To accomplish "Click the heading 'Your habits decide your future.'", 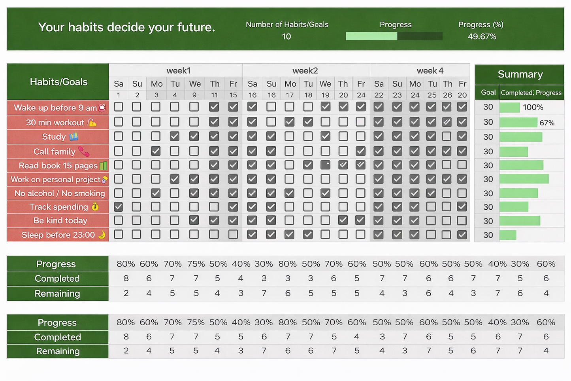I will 126,27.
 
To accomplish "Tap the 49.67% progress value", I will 482,36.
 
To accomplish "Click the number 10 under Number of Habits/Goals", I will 286,36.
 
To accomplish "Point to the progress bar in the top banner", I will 394,36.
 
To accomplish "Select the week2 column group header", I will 305,70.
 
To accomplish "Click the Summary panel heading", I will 520,74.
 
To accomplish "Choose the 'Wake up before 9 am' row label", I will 55,108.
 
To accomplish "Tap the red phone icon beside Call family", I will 83,151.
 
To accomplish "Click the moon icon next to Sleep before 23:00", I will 102,235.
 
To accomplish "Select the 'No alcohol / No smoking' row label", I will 60,193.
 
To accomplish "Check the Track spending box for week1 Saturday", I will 118,207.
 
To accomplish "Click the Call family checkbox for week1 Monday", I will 156,151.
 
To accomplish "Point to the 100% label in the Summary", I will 533,107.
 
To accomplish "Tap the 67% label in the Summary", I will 547,123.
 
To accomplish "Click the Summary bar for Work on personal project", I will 524,179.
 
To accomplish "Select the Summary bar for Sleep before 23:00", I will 508,235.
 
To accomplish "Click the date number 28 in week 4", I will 447,95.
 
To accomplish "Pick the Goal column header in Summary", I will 488,93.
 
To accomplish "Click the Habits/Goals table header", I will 58,82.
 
